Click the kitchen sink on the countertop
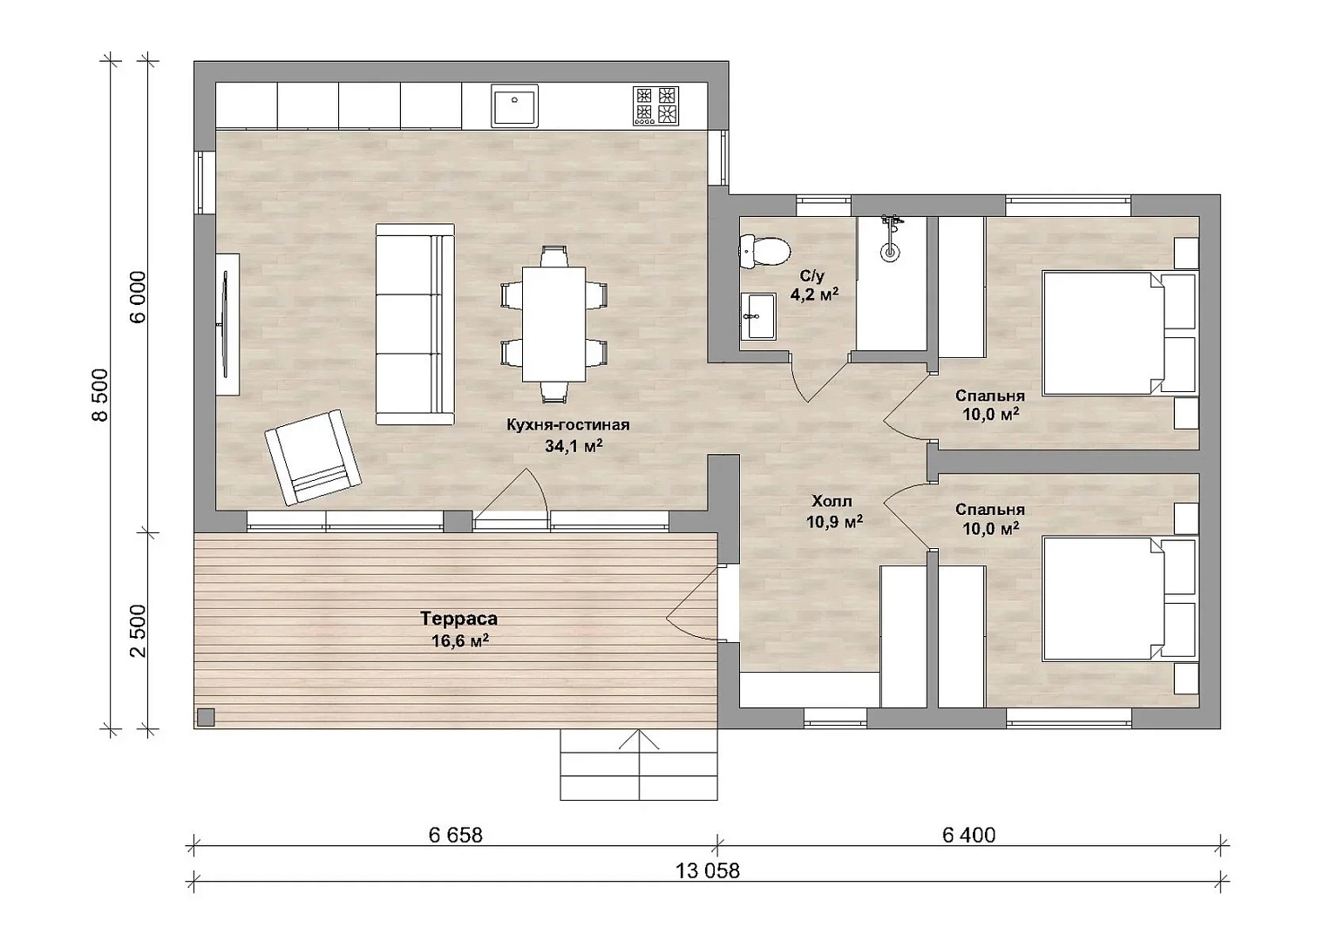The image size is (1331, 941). [x=514, y=105]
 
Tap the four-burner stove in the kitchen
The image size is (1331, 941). [x=656, y=105]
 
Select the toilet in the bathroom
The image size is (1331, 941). [x=765, y=251]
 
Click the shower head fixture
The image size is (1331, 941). [x=889, y=238]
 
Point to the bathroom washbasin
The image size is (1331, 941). [x=758, y=316]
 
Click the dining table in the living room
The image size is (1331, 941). [x=553, y=324]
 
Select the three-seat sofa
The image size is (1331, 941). [x=416, y=324]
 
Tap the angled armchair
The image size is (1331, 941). [x=313, y=457]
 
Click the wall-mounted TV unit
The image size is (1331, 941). [x=227, y=324]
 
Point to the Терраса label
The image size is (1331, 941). [x=458, y=619]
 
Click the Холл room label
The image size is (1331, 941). [x=832, y=501]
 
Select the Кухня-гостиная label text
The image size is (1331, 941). [x=568, y=425]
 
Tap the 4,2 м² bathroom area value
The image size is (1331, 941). [x=814, y=294]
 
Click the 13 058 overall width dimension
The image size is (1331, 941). [x=707, y=871]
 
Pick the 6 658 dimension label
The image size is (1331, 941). [x=456, y=836]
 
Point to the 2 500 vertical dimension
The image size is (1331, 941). [x=138, y=631]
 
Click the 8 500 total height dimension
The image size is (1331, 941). [x=100, y=395]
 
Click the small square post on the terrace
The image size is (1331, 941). [x=207, y=717]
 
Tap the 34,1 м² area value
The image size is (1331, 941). [x=574, y=446]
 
